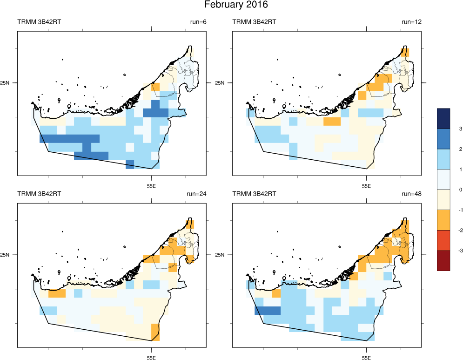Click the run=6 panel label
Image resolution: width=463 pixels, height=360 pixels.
coord(197,22)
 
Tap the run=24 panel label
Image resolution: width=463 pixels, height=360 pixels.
coord(195,193)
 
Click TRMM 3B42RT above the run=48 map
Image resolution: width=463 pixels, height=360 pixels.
coord(254,193)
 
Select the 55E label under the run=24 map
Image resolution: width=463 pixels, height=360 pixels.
coord(151,357)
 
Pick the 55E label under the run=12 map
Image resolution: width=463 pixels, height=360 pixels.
coord(366,185)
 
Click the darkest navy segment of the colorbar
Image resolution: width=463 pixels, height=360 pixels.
coord(443,118)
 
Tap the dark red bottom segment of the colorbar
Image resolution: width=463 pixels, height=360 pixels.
coord(443,260)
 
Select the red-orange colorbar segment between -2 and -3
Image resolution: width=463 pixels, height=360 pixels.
coord(443,240)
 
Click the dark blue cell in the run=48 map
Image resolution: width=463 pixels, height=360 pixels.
coord(268,311)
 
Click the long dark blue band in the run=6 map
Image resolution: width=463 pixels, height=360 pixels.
coord(70,138)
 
